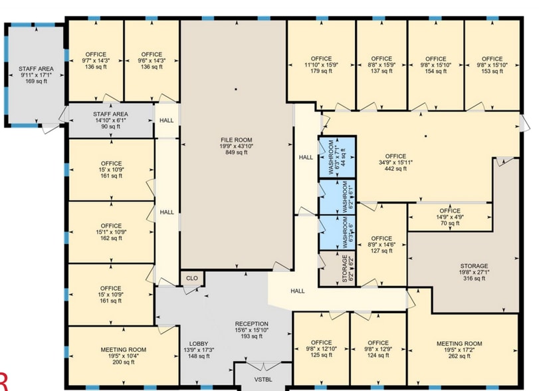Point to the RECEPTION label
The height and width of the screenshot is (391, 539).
pyautogui.click(x=251, y=324)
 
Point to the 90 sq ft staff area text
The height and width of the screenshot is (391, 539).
pyautogui.click(x=110, y=126)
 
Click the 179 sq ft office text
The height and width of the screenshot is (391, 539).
pyautogui.click(x=321, y=71)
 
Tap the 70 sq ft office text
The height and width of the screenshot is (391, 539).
pyautogui.click(x=449, y=224)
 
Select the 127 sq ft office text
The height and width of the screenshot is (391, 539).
pyautogui.click(x=381, y=251)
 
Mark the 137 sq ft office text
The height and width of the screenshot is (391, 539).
pyautogui.click(x=381, y=71)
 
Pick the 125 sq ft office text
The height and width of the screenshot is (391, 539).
pyautogui.click(x=321, y=356)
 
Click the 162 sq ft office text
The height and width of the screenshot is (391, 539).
pyautogui.click(x=112, y=238)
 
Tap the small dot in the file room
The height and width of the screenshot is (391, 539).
pyautogui.click(x=235, y=88)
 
